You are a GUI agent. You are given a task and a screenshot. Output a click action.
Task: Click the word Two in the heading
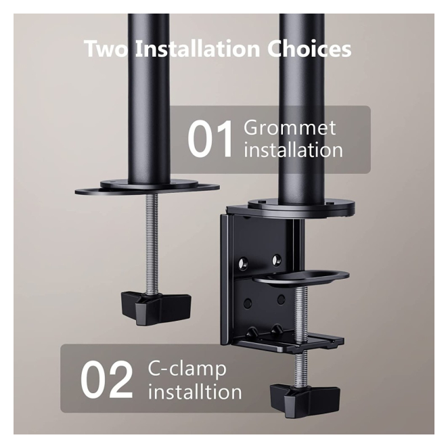[106, 49]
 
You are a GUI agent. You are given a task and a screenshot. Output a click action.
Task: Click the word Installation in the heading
[197, 49]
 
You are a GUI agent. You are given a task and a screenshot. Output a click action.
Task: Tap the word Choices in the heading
[309, 49]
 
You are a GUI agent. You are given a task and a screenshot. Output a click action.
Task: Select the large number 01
[210, 139]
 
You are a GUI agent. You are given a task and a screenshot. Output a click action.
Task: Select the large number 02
[106, 380]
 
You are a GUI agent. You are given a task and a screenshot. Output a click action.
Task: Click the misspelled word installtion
[195, 392]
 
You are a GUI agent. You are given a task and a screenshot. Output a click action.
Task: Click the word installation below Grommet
[293, 150]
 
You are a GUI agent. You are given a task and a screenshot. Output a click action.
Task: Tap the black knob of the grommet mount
[156, 308]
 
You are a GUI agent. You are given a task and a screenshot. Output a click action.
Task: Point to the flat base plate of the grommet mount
[148, 187]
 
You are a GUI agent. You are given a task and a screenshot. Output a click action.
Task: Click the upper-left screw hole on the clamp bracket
[244, 263]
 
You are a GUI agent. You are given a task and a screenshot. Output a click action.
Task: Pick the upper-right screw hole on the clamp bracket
[276, 260]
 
